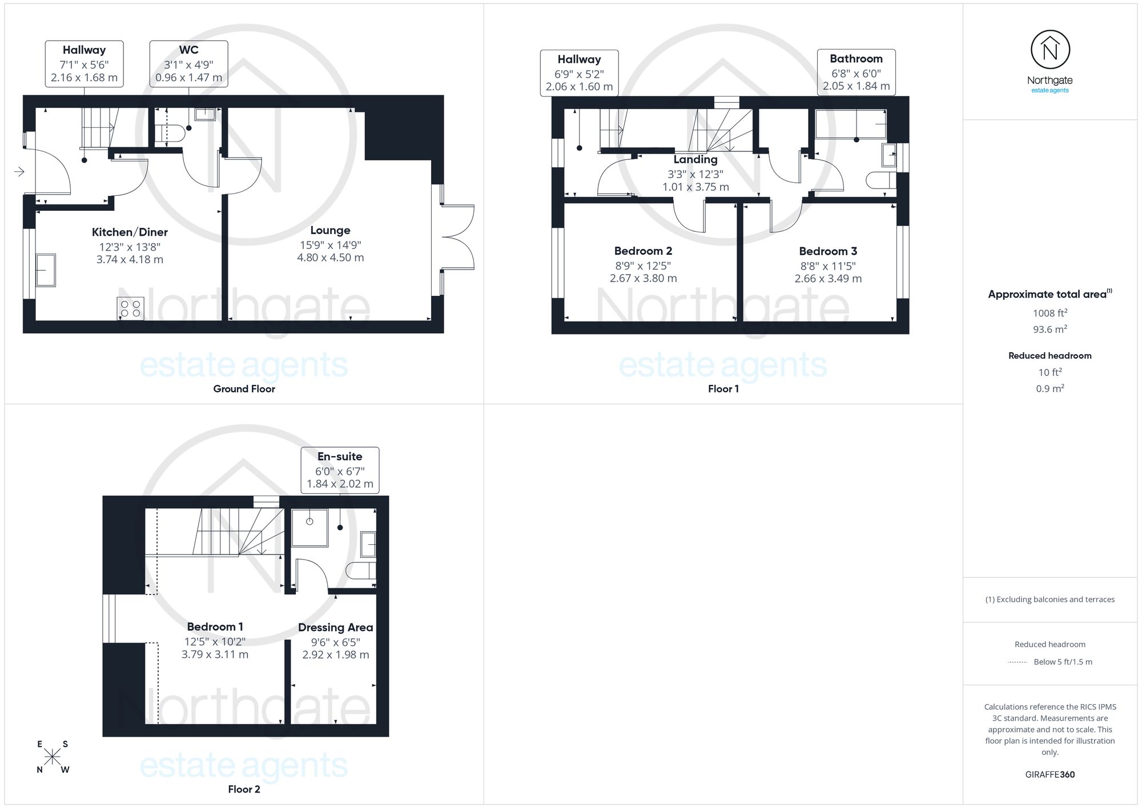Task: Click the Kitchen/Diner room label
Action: point(130,232)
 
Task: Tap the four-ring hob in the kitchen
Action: point(130,309)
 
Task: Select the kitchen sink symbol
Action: point(46,270)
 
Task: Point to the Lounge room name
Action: point(330,230)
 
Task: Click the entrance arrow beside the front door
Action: point(19,172)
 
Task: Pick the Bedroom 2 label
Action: point(643,251)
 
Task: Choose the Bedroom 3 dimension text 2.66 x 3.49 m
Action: point(828,279)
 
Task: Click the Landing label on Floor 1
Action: point(695,160)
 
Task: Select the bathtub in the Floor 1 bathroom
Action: point(851,124)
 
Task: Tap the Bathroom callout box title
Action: point(856,59)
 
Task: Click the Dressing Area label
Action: point(336,628)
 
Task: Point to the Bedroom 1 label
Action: point(215,627)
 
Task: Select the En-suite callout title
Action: point(340,457)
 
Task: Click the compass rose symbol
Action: point(53,757)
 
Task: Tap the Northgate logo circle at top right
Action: point(1050,50)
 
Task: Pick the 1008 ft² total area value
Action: point(1050,313)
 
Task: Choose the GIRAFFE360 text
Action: point(1050,775)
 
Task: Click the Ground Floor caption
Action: point(244,389)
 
